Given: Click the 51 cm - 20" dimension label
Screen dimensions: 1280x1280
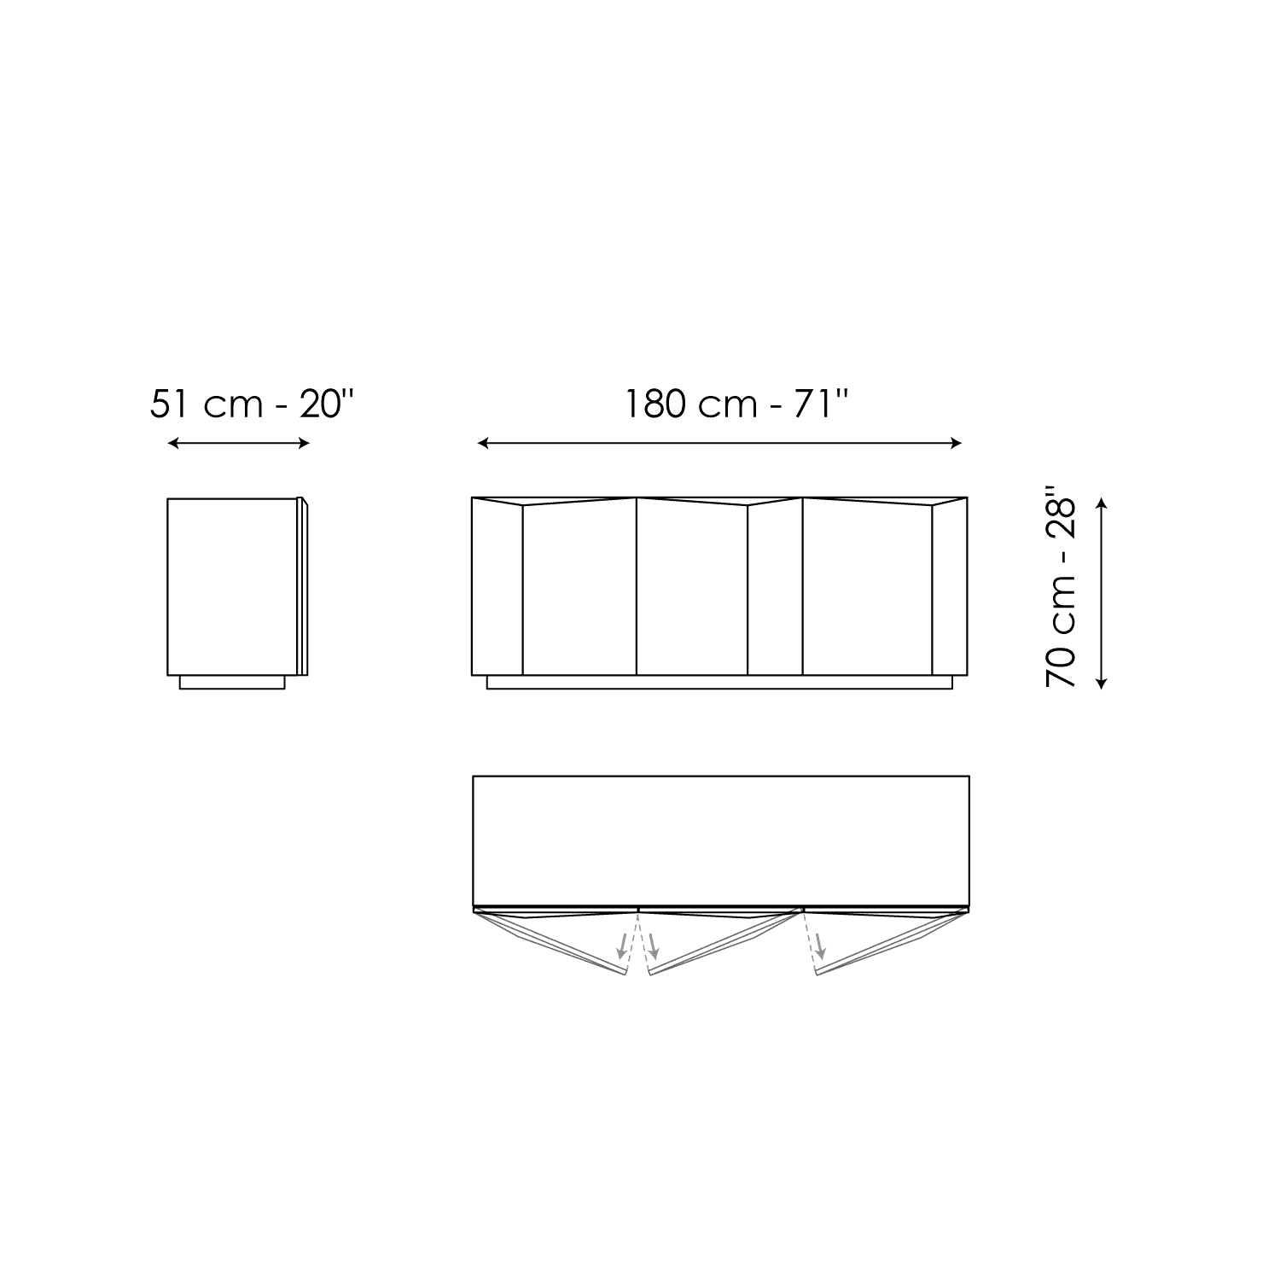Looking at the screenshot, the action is tap(252, 404).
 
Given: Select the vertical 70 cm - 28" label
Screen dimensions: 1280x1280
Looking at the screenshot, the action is tap(1061, 589).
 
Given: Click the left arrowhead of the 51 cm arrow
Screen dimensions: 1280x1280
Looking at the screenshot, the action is tap(172, 443).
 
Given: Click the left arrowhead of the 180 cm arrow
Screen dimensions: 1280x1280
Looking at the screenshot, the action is tap(483, 443).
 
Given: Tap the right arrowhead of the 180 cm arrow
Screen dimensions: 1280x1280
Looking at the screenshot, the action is tap(957, 443).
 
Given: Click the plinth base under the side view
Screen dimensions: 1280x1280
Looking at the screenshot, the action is tap(232, 682).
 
